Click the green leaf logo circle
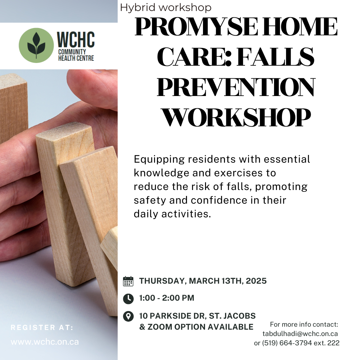point(36,46)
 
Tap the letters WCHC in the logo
point(76,40)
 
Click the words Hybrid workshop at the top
point(166,7)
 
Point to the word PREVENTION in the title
point(236,87)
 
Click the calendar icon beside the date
point(128,281)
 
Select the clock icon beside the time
point(128,298)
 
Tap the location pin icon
point(128,316)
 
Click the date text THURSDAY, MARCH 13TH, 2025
point(203,281)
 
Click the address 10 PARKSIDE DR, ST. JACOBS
point(197,316)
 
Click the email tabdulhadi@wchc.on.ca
point(300,334)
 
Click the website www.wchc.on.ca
point(45,342)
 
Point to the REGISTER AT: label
point(42,328)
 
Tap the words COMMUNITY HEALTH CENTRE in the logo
point(76,55)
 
